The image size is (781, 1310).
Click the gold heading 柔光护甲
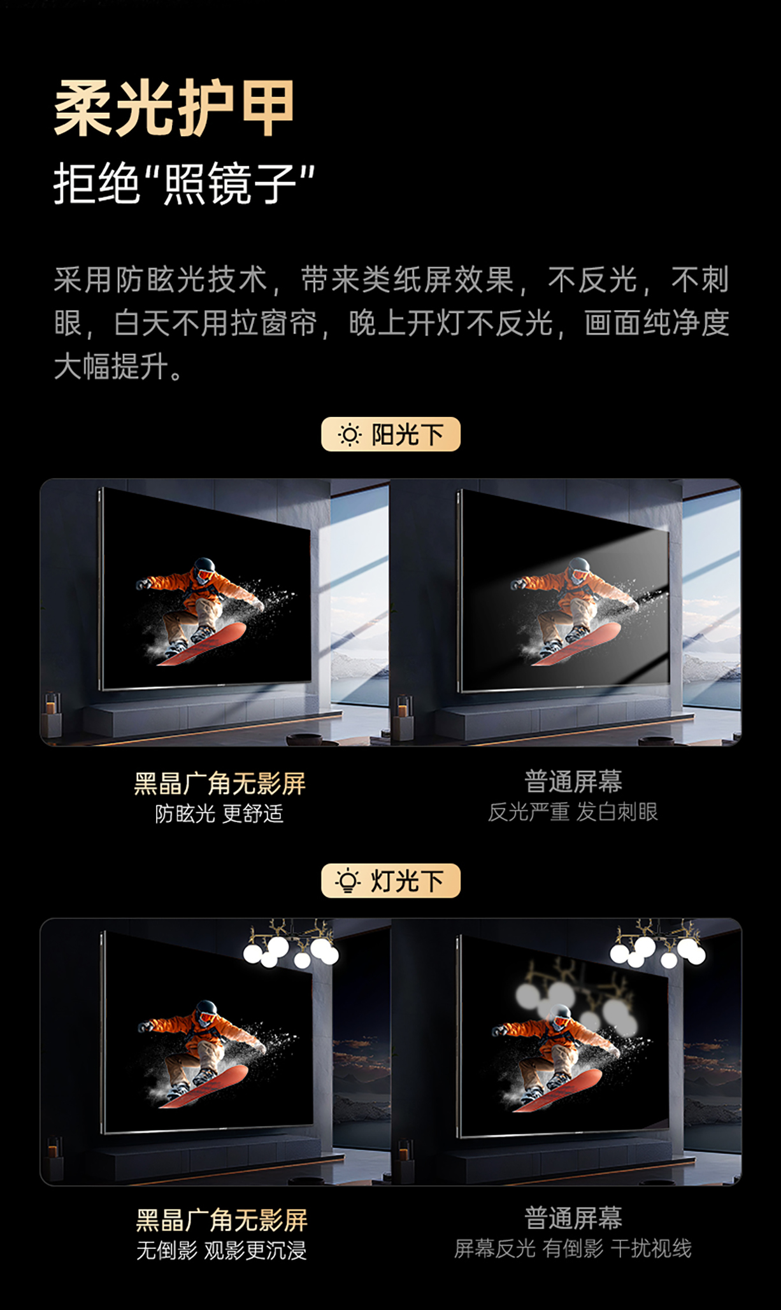[174, 108]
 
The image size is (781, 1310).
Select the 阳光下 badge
[390, 434]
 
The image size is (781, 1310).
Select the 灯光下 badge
[390, 880]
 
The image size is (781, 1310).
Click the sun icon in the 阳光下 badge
[349, 435]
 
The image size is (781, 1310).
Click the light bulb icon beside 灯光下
[348, 881]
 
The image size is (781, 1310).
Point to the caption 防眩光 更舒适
[219, 813]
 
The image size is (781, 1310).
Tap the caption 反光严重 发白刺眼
[573, 812]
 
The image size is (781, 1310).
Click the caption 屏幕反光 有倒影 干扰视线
[573, 1249]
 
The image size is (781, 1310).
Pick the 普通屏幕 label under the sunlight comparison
[573, 782]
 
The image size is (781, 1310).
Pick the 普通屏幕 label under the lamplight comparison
[573, 1218]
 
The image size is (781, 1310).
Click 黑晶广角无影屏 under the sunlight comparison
[220, 784]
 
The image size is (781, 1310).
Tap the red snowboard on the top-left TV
[202, 644]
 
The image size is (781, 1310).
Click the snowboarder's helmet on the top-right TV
[579, 567]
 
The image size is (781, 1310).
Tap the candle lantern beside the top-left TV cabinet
[52, 714]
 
